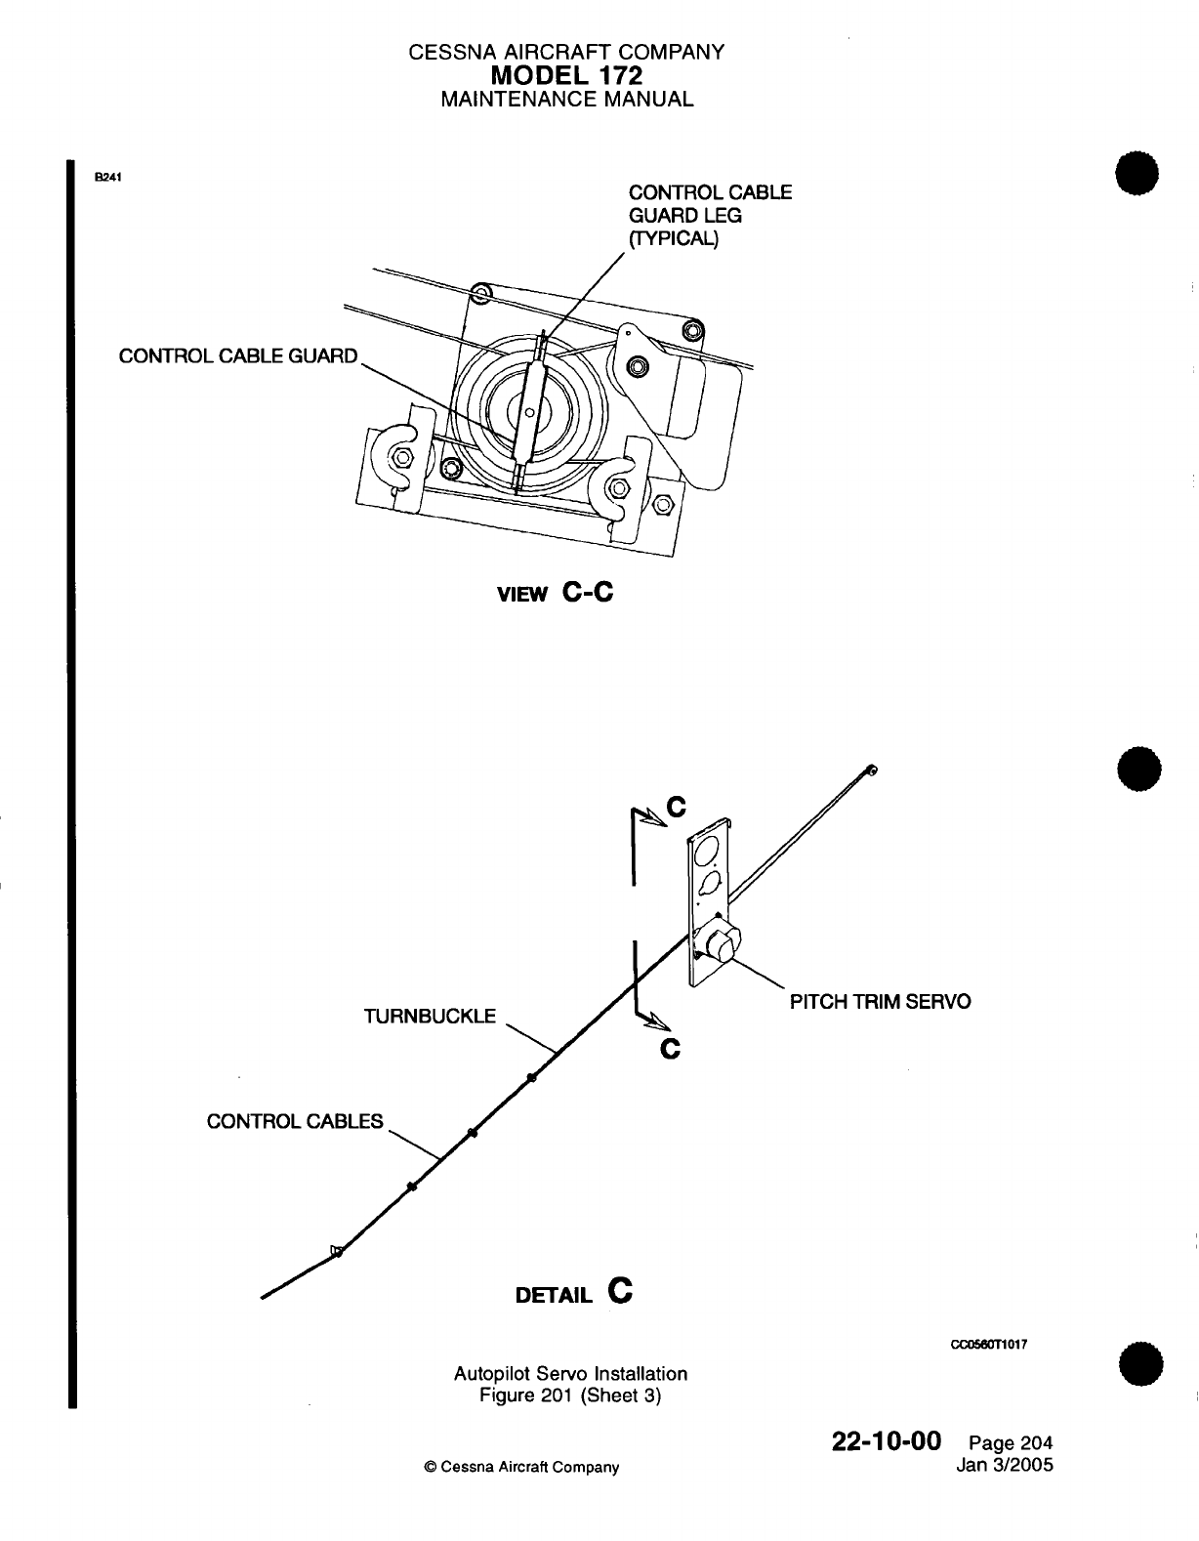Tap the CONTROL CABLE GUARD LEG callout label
tap(709, 216)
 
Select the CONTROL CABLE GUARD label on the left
tap(238, 355)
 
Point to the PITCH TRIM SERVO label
tap(880, 1002)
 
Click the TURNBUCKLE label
tap(430, 1016)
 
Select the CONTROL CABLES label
tap(295, 1121)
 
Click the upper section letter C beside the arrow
tap(676, 807)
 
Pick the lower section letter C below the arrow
tap(670, 1050)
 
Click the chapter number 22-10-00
tap(886, 1441)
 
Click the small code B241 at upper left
tap(107, 177)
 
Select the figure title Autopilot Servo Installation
tap(570, 1373)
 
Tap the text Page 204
tap(1012, 1444)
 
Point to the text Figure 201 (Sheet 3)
tap(570, 1395)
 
